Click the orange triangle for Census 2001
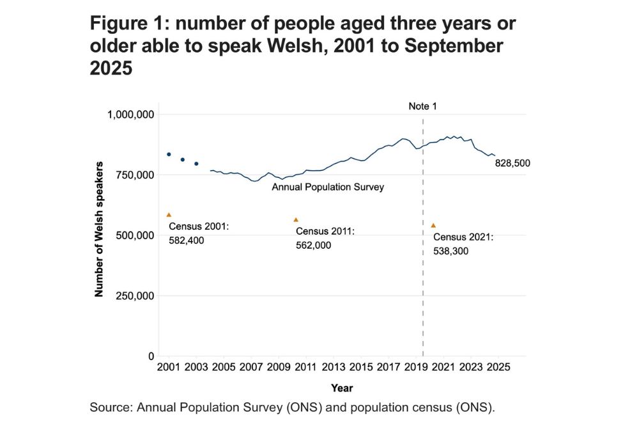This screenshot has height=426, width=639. point(169,215)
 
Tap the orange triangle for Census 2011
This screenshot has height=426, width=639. point(296,219)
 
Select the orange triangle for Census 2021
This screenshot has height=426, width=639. point(433,225)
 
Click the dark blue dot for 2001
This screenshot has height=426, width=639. point(169,154)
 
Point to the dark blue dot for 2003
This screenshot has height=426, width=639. point(196,164)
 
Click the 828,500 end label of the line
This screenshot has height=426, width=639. point(512,164)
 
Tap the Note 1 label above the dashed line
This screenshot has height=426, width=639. point(422,106)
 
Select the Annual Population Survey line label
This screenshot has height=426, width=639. point(327,187)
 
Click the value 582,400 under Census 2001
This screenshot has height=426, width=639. point(186,240)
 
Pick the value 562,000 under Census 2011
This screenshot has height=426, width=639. point(314,244)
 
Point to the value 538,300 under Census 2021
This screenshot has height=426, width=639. point(450,251)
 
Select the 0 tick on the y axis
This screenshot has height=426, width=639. point(151,356)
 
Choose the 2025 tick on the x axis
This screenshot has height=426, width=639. point(498,368)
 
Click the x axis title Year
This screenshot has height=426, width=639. point(342,388)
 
